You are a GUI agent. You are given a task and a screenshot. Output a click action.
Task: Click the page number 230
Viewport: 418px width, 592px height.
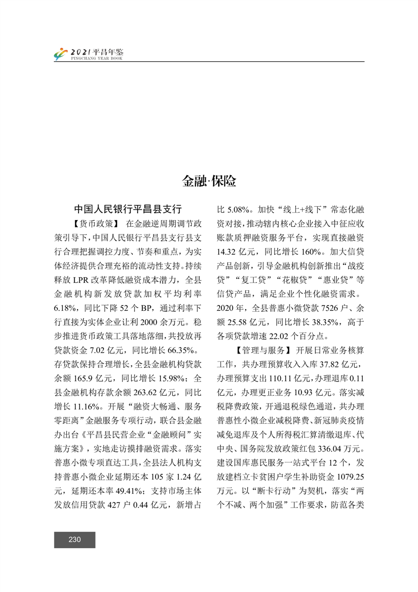pyautogui.click(x=74, y=539)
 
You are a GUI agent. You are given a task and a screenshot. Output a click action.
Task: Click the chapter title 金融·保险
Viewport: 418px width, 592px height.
pyautogui.click(x=209, y=182)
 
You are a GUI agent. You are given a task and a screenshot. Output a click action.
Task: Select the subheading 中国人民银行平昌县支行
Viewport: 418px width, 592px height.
pyautogui.click(x=128, y=208)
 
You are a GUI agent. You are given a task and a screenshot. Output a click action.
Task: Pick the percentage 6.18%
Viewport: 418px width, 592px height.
pyautogui.click(x=65, y=305)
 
